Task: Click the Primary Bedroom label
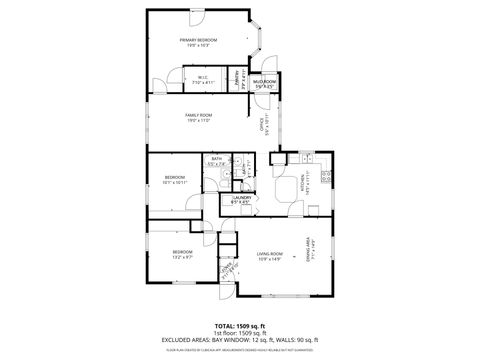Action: [x=198, y=42]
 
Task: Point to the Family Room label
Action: [x=198, y=117]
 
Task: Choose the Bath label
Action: [x=216, y=160]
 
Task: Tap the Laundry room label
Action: [x=241, y=199]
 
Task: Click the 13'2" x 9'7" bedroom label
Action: [x=181, y=254]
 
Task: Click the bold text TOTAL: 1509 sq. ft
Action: [x=239, y=326]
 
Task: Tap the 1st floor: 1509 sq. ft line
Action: [x=239, y=333]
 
